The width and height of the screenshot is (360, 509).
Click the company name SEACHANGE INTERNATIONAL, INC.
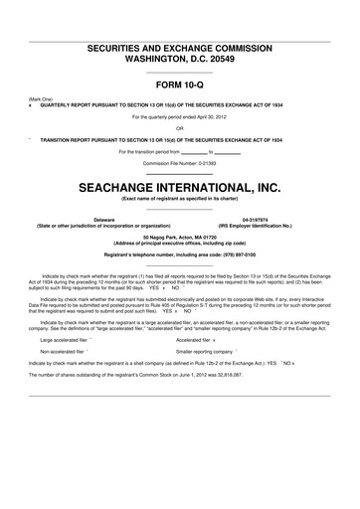pos(179,186)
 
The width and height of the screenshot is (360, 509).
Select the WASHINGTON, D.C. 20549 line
pos(179,58)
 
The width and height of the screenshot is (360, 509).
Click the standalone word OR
pos(179,127)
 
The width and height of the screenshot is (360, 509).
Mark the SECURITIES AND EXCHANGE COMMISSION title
pos(179,48)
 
